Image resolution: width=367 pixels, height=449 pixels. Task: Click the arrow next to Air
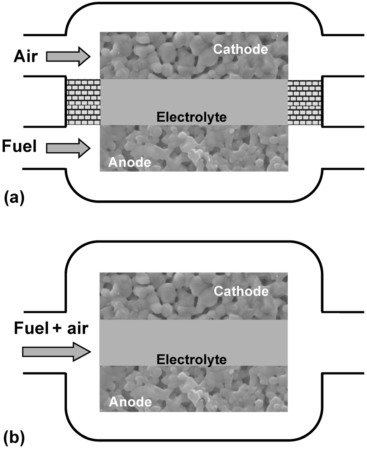(68, 56)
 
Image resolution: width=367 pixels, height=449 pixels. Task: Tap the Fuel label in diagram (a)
(19, 146)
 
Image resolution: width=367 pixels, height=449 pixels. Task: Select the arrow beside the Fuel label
(68, 148)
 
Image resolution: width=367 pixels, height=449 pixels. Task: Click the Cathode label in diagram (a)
(240, 49)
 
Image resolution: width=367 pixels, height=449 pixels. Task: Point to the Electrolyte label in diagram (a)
(192, 117)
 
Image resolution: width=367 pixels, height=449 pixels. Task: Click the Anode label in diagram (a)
(130, 162)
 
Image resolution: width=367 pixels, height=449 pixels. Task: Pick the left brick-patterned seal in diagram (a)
(83, 102)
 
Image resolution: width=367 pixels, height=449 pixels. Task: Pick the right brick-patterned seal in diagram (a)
(304, 102)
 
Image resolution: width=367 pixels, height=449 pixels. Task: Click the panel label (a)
(14, 197)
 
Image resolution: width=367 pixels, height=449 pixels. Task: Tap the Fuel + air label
(51, 328)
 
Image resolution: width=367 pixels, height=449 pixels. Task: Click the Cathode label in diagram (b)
(241, 291)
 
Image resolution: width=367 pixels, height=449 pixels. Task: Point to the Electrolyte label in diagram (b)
(192, 359)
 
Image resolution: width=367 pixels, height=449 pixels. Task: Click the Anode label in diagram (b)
(130, 402)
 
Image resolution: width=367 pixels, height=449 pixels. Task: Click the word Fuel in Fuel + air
(30, 328)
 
